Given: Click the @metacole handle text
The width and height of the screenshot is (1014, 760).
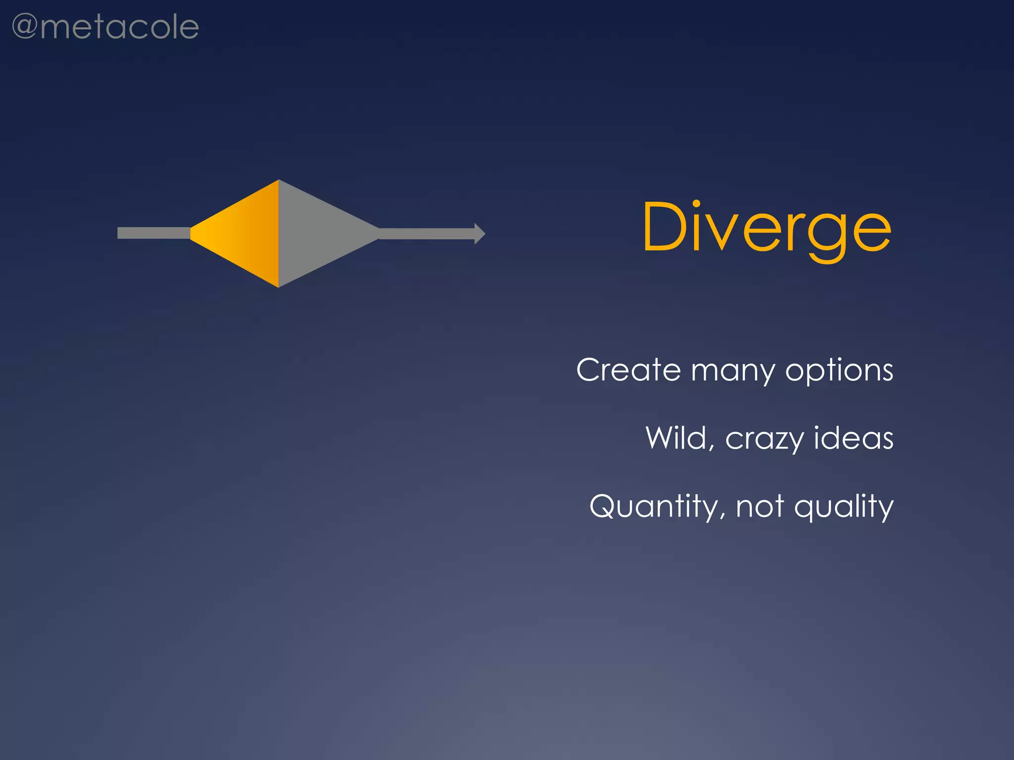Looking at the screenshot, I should click(105, 27).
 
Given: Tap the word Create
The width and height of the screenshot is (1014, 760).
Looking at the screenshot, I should click(628, 370).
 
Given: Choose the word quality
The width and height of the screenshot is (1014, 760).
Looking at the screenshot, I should click(844, 507).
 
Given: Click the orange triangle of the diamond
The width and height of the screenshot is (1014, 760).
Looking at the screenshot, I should click(243, 233).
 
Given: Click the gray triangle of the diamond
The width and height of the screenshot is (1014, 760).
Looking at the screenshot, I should click(317, 233).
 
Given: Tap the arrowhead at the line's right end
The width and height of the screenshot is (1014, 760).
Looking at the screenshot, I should click(479, 234).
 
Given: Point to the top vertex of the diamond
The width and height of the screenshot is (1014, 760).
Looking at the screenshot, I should click(279, 181).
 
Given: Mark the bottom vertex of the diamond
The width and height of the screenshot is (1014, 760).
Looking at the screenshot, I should click(279, 286).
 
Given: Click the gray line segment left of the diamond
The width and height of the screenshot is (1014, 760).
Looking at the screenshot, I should click(153, 233).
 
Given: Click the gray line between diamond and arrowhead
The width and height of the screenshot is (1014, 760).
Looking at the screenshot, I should click(426, 234).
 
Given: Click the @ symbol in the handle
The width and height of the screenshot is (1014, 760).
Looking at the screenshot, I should click(25, 27).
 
